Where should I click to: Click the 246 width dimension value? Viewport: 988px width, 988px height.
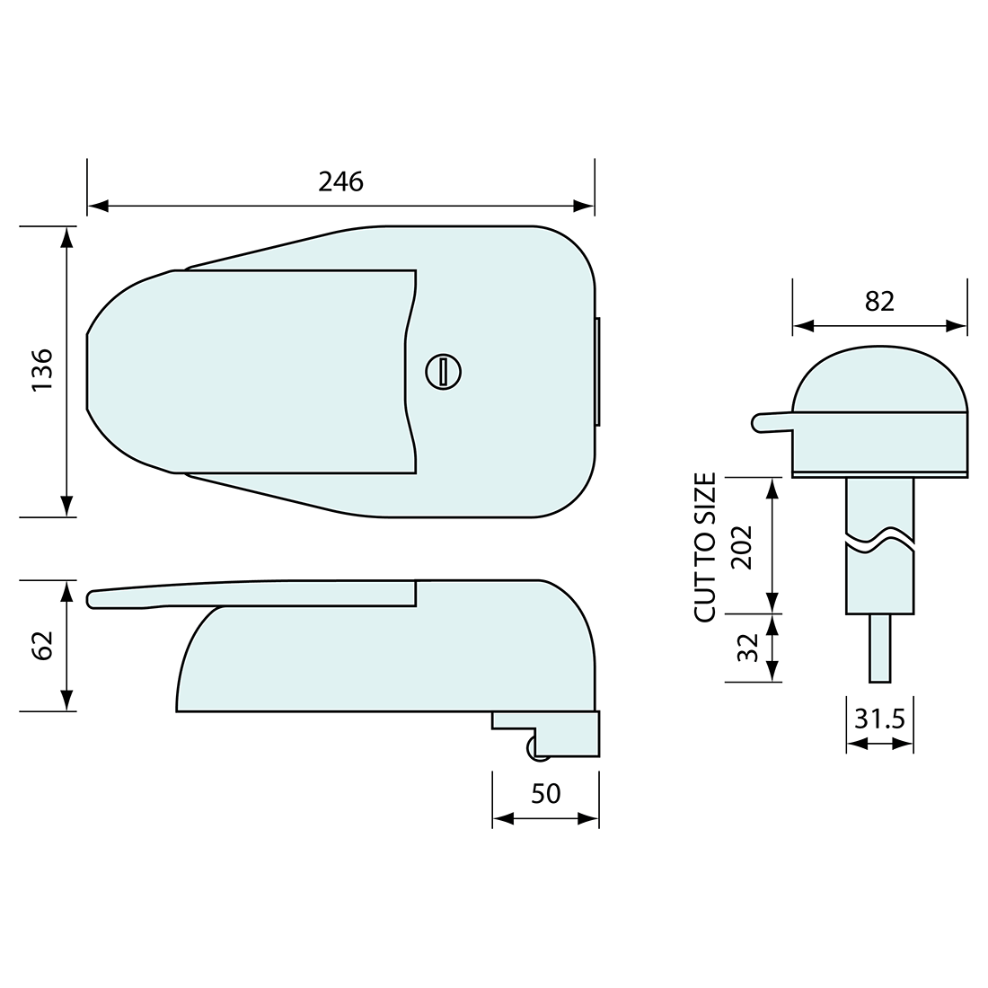pyautogui.click(x=341, y=181)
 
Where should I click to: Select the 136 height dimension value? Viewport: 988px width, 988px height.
pyautogui.click(x=42, y=369)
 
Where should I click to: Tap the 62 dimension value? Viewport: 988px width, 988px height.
pyautogui.click(x=42, y=646)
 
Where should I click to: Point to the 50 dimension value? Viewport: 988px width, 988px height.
pyautogui.click(x=545, y=794)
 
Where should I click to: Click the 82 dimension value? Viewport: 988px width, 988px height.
pyautogui.click(x=880, y=301)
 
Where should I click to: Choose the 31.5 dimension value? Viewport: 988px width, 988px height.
pyautogui.click(x=879, y=719)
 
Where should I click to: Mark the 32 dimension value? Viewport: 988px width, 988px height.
pyautogui.click(x=747, y=648)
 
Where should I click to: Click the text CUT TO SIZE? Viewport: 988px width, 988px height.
pyautogui.click(x=706, y=547)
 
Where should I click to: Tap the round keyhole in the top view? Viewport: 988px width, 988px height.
pyautogui.click(x=442, y=371)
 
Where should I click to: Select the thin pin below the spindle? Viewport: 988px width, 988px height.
pyautogui.click(x=880, y=648)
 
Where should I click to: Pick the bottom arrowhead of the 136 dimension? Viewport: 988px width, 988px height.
pyautogui.click(x=66, y=507)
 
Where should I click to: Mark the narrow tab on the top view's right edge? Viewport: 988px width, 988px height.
pyautogui.click(x=597, y=372)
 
